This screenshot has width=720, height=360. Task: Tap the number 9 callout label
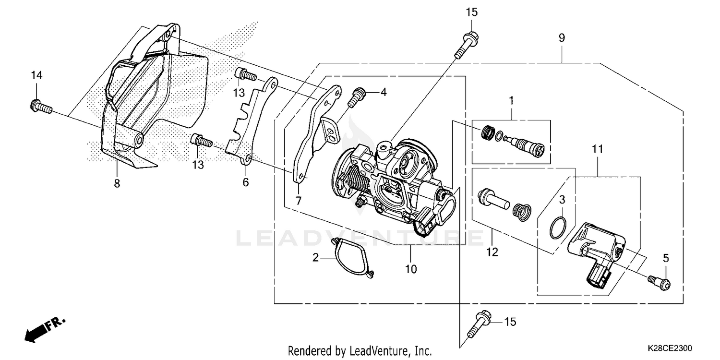[562, 38]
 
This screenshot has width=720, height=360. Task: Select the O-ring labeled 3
[557, 227]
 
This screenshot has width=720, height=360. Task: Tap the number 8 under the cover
[117, 183]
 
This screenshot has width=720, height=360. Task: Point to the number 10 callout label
[411, 269]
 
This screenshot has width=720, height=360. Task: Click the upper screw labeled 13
[245, 75]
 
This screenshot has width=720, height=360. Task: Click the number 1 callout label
[511, 100]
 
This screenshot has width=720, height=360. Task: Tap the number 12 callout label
[492, 252]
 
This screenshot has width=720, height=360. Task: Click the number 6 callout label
[246, 182]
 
